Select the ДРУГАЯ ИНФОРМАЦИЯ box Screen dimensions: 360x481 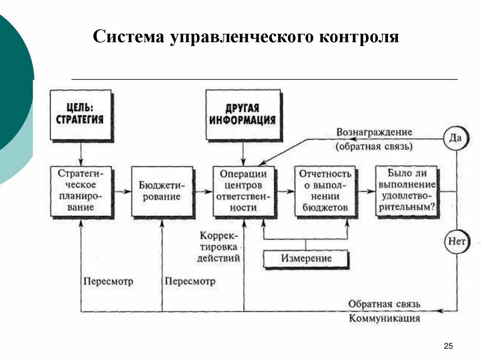point(243,115)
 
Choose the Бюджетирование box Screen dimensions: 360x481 point(162,191)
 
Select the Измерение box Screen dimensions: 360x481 point(306,259)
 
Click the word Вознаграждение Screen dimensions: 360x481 point(374,132)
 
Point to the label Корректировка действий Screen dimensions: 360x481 point(219,246)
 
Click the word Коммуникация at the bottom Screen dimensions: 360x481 point(384,318)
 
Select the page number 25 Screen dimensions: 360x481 point(448,346)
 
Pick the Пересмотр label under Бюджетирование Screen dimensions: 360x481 point(190,282)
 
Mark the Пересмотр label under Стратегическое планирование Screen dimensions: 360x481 point(109,282)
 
